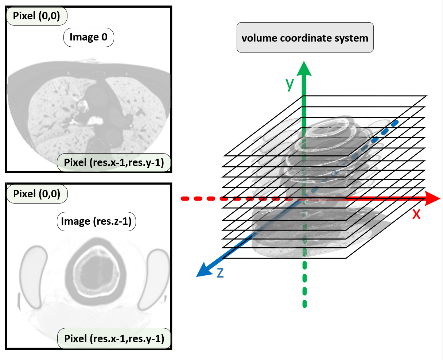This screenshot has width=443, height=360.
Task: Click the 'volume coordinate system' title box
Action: (305, 38)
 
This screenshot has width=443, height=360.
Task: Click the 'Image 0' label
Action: (89, 37)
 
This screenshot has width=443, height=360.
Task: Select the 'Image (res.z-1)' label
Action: (96, 221)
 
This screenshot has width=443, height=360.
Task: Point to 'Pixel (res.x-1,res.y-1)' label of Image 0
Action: (114, 162)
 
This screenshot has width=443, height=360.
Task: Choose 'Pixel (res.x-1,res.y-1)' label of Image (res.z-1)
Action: (114, 338)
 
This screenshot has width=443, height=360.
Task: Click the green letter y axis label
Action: (290, 83)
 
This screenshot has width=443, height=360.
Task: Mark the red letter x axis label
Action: (416, 214)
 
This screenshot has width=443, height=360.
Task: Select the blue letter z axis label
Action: (220, 272)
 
